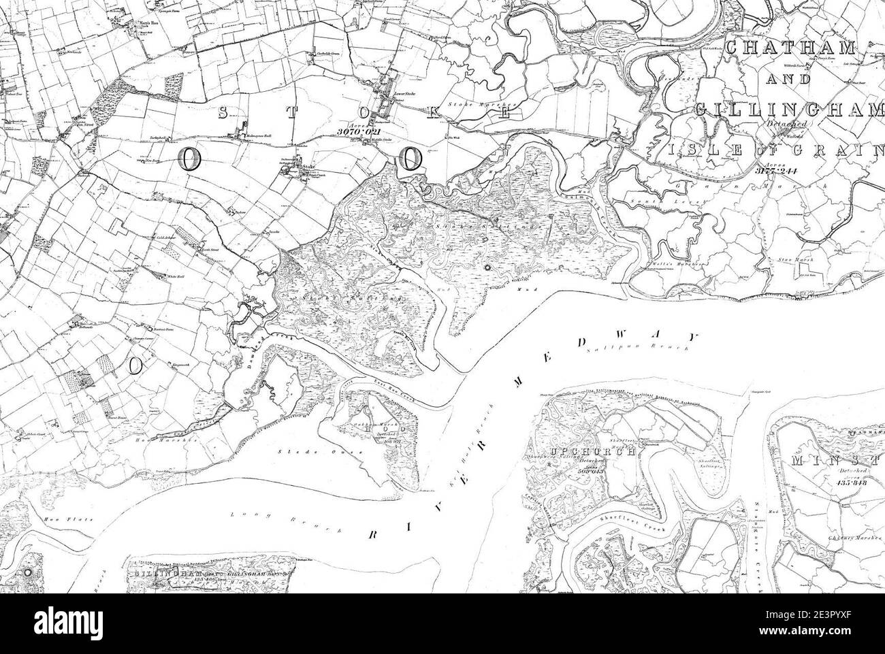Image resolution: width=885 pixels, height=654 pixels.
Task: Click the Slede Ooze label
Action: [295, 451]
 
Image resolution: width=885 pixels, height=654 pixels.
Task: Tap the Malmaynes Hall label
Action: [252, 136]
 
